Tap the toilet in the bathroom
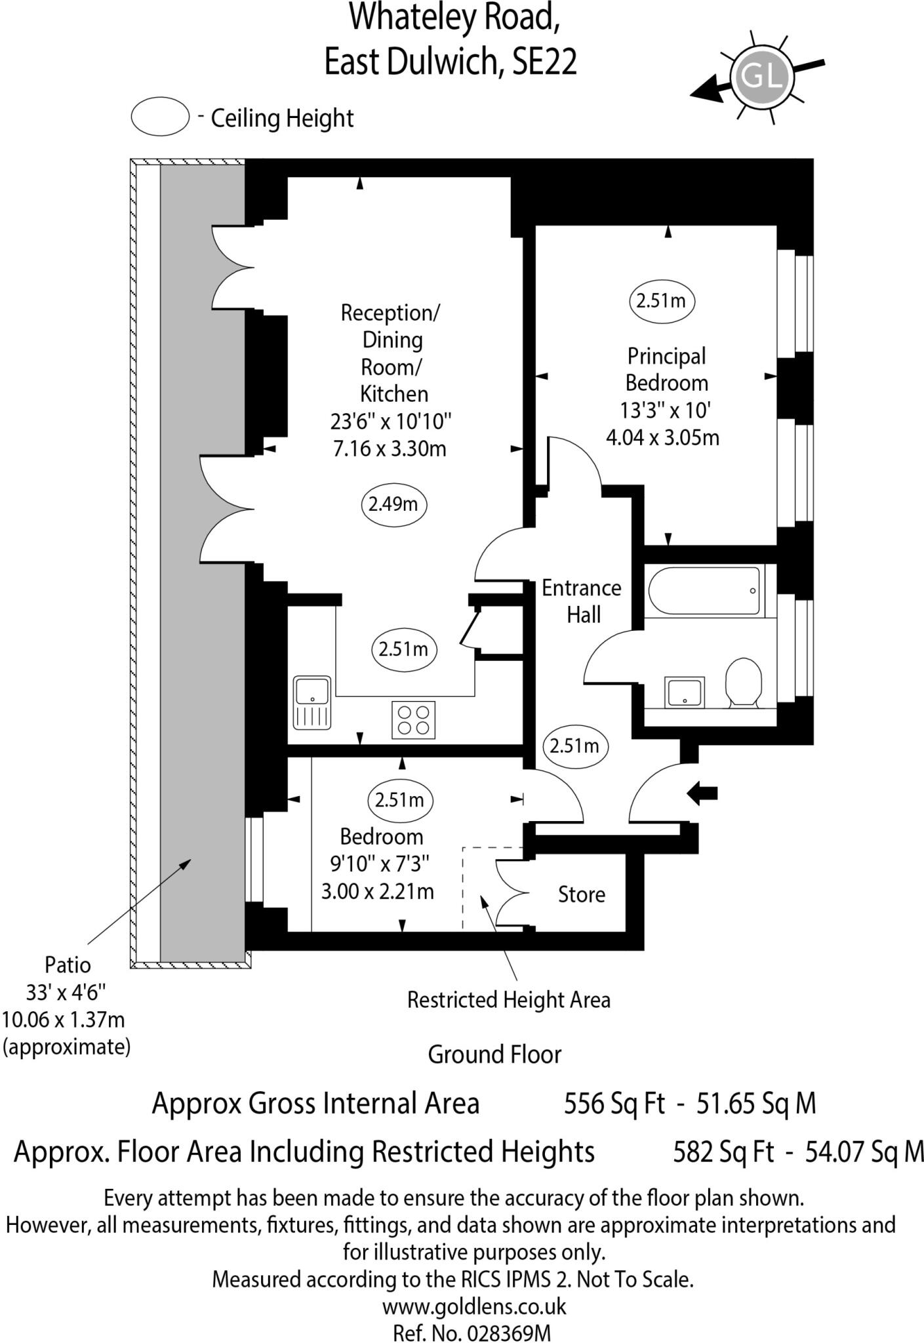point(743,683)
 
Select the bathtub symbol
point(704,590)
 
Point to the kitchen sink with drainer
point(312,702)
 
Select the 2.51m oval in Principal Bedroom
point(661,301)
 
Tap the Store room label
point(581,894)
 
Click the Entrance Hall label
point(582,601)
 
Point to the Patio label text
point(68,965)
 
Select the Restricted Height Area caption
point(508,1000)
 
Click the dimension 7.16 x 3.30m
point(390,449)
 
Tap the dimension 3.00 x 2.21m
point(377,892)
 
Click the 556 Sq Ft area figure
point(614,1104)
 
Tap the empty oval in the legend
point(160,117)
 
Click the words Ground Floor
point(494,1054)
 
